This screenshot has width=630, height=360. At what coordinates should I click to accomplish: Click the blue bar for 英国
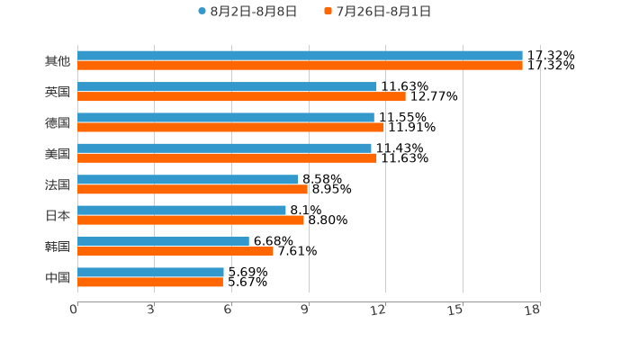tap(227, 86)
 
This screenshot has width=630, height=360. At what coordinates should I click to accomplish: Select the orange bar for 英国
tap(241, 96)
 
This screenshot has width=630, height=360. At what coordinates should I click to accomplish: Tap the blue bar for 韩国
tap(163, 241)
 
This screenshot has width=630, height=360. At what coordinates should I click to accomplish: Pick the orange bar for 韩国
tap(175, 251)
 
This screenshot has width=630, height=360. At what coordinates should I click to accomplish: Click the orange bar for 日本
tap(191, 220)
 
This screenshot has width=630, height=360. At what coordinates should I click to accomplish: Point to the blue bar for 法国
tap(188, 179)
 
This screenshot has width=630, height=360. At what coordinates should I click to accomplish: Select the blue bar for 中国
tap(150, 272)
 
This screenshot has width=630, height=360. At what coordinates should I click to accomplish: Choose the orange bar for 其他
tap(300, 66)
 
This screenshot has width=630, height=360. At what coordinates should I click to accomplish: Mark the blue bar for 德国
tap(226, 117)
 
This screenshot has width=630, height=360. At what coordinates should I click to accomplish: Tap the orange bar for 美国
tap(227, 158)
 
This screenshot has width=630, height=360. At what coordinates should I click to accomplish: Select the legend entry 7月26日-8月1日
tap(377, 12)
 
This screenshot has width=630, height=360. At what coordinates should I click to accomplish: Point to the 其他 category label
tap(58, 61)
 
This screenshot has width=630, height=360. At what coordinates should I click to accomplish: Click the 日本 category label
tap(58, 215)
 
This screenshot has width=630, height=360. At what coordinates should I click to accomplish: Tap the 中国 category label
tap(58, 277)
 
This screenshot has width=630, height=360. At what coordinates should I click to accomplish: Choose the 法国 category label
tap(58, 184)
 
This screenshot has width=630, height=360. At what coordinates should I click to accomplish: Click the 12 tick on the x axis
tap(379, 310)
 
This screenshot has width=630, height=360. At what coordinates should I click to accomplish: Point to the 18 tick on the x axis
tap(533, 310)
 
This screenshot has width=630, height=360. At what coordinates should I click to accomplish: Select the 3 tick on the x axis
tap(150, 310)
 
